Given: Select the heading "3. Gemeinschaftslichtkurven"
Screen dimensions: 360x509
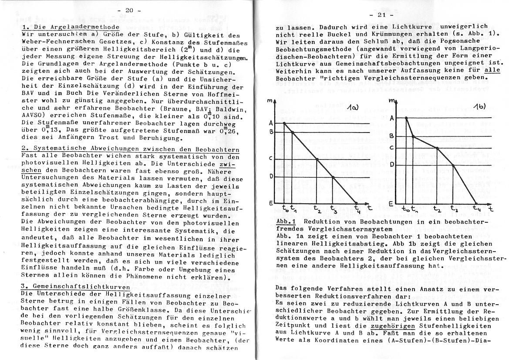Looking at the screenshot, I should tap(75, 287).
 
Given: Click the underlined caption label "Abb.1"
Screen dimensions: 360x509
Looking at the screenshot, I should tap(286, 221).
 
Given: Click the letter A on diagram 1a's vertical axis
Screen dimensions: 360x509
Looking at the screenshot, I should tap(270, 123).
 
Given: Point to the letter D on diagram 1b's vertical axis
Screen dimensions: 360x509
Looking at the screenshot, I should tap(392, 164).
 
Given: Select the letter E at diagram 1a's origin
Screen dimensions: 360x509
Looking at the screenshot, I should tap(270, 204).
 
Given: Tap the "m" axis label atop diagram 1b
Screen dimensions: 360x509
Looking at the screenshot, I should tap(392, 102).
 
